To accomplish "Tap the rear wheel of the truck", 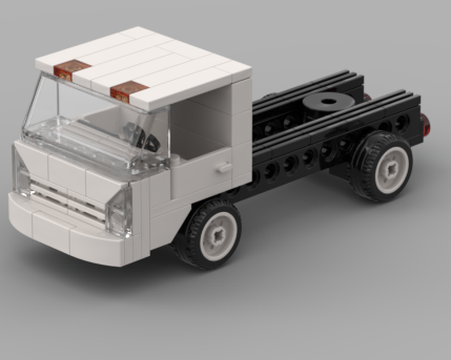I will tap(381, 167).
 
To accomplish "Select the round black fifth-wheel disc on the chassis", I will tap(328, 102).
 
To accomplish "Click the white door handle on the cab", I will tap(223, 167).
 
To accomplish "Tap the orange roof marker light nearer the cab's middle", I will tap(129, 91).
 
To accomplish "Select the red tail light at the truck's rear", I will tap(425, 125).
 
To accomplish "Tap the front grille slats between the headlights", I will tap(68, 198).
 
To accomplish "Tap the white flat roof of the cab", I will tap(149, 63).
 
